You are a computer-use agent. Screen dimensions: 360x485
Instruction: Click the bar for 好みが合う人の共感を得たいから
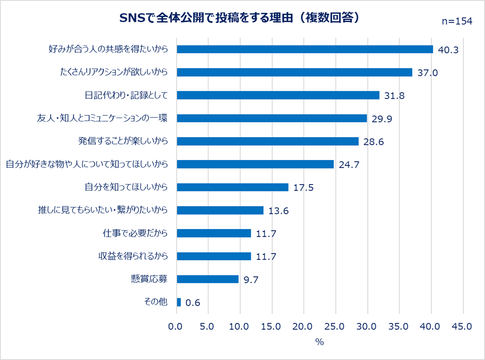click(305, 49)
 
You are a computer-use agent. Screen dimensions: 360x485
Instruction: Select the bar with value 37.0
click(295, 72)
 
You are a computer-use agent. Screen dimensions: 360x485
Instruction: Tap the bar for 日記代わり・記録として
click(278, 95)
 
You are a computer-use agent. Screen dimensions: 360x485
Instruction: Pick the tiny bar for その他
click(179, 302)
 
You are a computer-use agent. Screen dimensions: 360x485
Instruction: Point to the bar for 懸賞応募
click(208, 279)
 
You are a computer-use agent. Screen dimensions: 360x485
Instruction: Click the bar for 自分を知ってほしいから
click(232, 187)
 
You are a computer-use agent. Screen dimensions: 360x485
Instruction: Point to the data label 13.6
click(278, 211)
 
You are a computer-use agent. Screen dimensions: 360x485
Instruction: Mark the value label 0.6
click(193, 303)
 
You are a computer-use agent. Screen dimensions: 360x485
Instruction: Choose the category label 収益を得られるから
click(133, 256)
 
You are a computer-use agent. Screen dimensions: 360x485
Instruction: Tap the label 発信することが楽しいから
click(123, 141)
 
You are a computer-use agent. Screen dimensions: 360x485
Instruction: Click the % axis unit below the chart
click(320, 342)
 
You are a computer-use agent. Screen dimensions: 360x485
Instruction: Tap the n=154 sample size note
click(457, 22)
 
